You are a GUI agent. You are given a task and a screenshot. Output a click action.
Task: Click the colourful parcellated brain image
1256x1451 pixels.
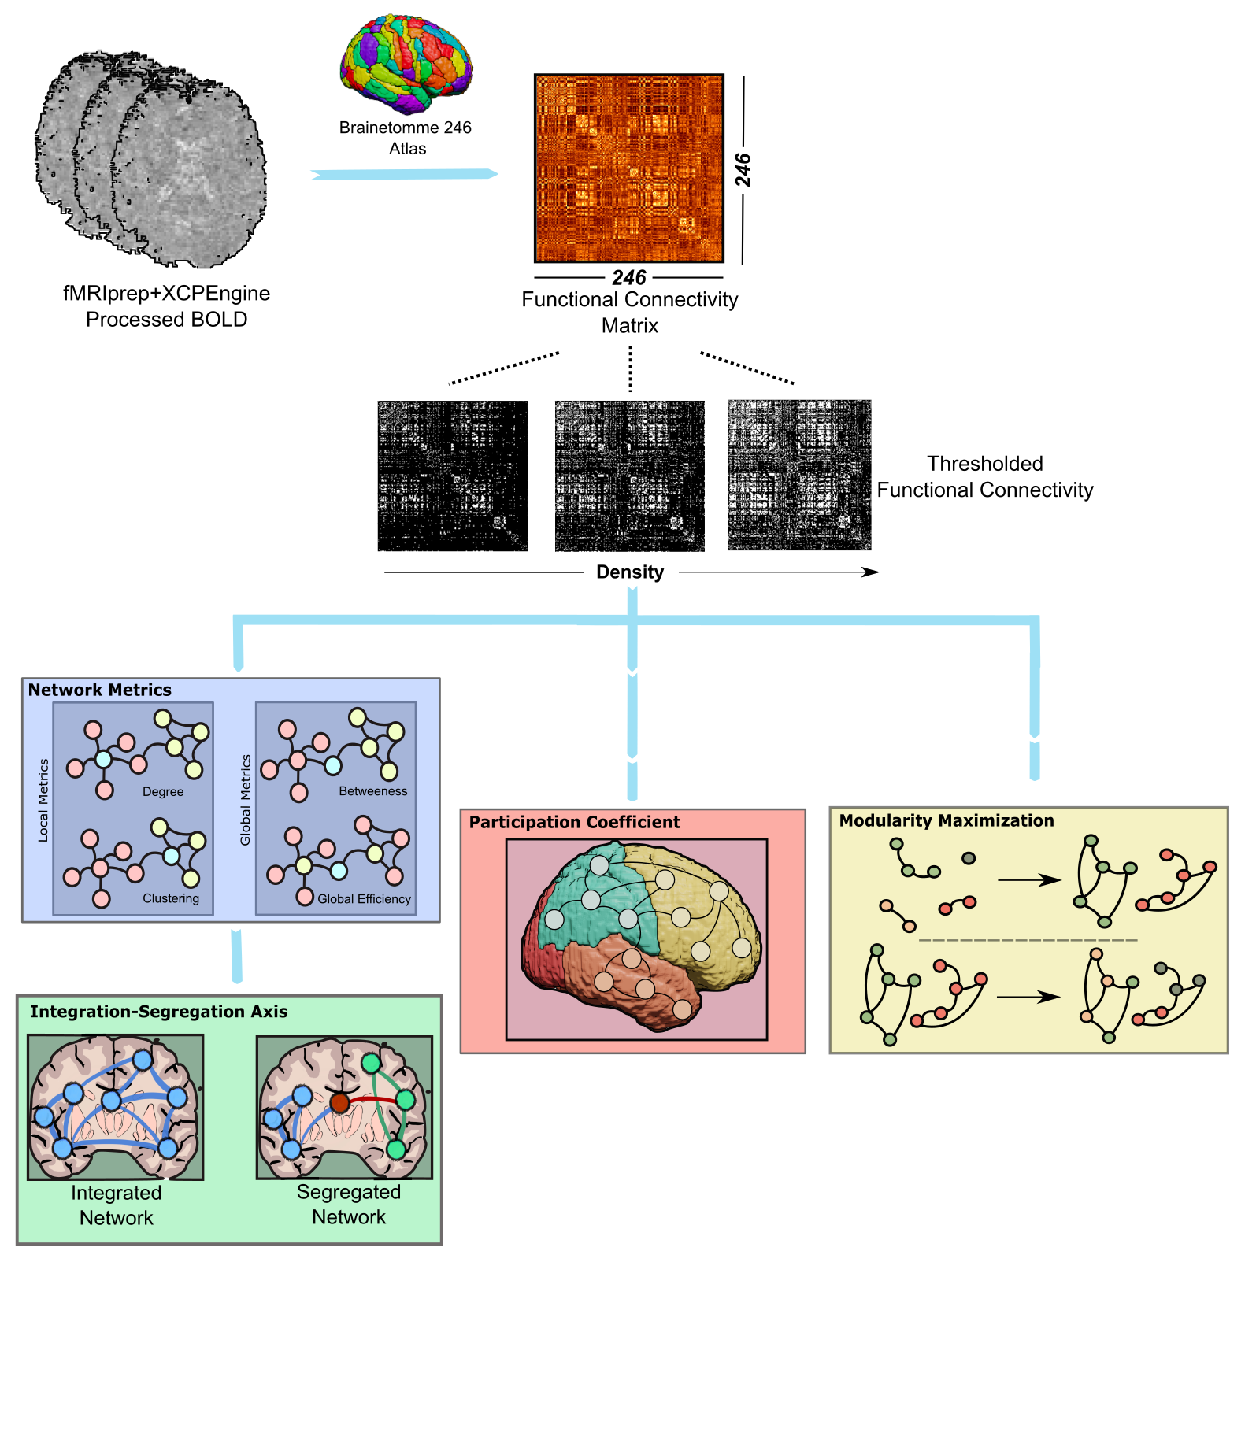tap(406, 66)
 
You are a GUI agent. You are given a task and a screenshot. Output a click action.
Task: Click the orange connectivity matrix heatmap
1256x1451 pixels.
tap(628, 168)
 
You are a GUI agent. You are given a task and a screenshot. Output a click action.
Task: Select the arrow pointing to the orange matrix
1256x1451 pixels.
tap(404, 174)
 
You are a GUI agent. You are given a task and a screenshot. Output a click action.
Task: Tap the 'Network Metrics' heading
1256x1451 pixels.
tap(100, 690)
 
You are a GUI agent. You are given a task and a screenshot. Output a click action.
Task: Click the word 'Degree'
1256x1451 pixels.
tap(163, 792)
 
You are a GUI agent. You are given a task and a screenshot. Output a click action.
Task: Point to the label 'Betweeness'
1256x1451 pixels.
tap(373, 791)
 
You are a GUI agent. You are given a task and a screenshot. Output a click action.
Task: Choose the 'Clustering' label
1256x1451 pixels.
tap(171, 898)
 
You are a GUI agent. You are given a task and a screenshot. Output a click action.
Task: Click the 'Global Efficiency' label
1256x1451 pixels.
tap(364, 899)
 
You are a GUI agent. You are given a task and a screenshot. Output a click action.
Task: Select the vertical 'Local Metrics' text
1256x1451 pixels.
tap(43, 800)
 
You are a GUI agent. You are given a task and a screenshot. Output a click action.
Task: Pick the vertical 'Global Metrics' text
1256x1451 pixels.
tap(246, 800)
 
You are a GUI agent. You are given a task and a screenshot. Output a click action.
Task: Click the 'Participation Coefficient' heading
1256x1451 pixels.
tap(574, 823)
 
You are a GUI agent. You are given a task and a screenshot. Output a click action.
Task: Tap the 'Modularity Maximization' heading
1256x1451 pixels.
tap(946, 821)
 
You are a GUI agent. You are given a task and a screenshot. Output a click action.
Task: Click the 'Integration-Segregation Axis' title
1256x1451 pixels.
tap(158, 1012)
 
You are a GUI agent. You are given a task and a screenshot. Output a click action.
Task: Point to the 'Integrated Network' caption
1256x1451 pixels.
tap(117, 1205)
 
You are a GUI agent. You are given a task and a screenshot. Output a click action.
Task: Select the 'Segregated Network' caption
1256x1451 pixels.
tap(349, 1205)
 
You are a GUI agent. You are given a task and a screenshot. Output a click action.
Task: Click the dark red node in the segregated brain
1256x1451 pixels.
tap(339, 1102)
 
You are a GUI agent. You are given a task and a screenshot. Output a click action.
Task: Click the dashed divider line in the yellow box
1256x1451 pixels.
tap(1028, 940)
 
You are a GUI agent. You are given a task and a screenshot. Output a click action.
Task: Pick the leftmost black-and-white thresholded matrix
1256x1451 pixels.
tap(453, 476)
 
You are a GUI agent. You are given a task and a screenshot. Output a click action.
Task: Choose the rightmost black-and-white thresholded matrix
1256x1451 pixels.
tap(799, 476)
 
